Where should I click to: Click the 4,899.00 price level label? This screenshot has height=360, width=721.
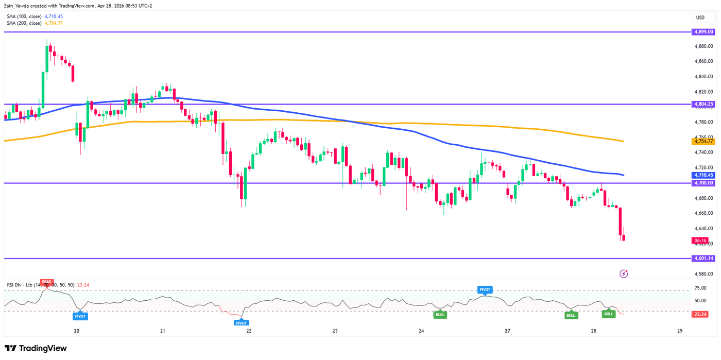click(703, 32)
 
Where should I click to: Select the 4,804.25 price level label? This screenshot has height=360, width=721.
click(703, 104)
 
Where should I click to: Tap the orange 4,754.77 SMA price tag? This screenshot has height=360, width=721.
click(703, 141)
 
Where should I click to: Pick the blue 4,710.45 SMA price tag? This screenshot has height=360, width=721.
click(703, 175)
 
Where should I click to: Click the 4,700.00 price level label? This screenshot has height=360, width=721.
click(703, 183)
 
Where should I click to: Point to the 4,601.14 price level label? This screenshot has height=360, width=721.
click(703, 259)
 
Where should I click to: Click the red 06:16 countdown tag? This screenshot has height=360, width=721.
click(700, 241)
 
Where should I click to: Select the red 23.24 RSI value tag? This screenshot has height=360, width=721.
click(700, 314)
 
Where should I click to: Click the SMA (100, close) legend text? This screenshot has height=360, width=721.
click(24, 16)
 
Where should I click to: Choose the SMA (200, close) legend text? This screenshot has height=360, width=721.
click(24, 23)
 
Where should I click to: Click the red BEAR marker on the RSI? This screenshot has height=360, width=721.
click(47, 282)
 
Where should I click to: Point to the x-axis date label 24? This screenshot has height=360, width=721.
click(421, 331)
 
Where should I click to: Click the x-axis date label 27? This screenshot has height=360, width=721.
click(507, 331)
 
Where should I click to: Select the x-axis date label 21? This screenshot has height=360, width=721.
click(162, 331)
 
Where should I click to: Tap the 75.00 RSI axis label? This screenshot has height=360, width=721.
click(700, 288)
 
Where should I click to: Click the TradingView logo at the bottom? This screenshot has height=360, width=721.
click(36, 349)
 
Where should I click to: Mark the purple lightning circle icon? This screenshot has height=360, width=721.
click(624, 273)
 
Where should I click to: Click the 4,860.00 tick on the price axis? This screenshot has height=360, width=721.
click(703, 61)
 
